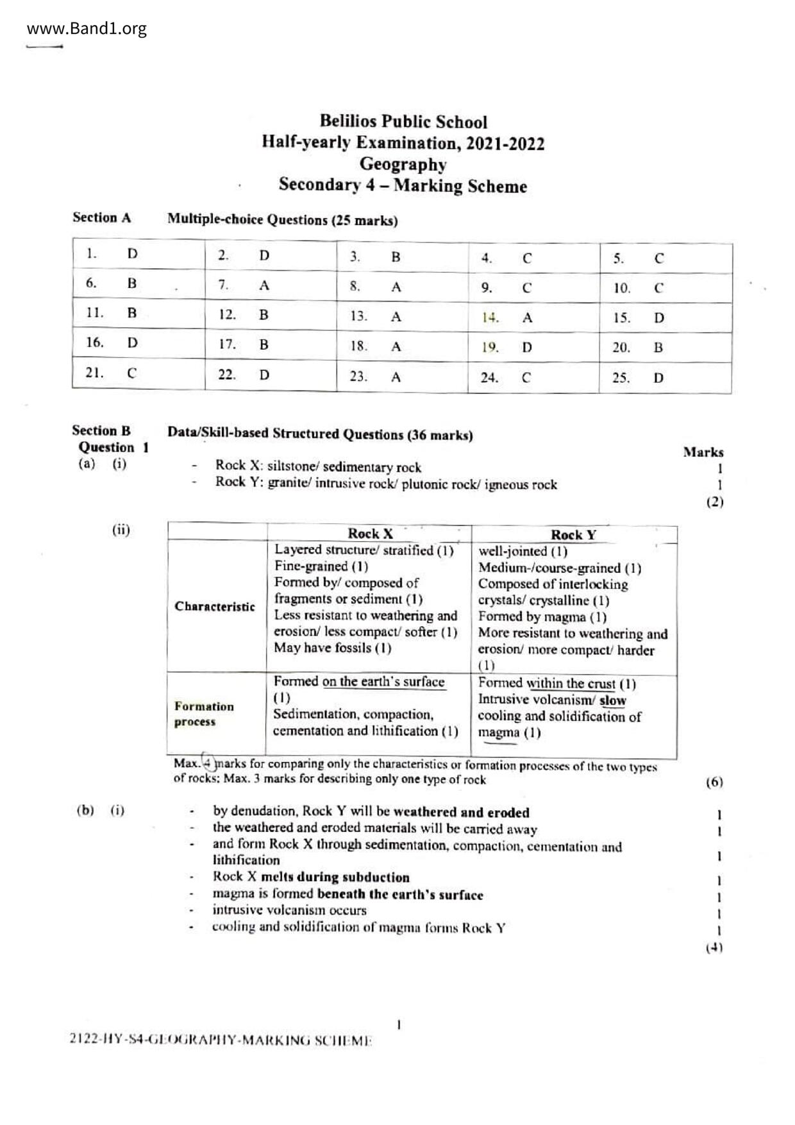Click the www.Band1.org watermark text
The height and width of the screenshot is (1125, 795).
pos(87,28)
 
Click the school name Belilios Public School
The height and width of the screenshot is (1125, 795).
pos(403,122)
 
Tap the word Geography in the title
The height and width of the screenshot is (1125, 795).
pos(403,164)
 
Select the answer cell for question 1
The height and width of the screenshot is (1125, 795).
pos(138,253)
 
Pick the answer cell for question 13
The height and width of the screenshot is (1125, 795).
pos(402,316)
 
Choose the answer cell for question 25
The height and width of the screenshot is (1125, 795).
pos(665,378)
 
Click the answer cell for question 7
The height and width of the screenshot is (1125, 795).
pos(271,285)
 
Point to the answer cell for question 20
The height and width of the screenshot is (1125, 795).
pos(665,348)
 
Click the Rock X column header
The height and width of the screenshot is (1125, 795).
pos(370,533)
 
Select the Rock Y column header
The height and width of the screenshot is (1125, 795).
pos(573,535)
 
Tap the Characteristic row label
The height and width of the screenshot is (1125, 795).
pos(215,607)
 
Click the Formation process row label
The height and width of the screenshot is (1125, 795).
pos(204,714)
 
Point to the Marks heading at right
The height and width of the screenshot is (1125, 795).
pos(703,452)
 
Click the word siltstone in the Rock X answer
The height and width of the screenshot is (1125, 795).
pos(294,467)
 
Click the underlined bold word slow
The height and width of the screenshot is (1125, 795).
pos(613,700)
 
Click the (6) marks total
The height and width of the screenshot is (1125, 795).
pos(714,782)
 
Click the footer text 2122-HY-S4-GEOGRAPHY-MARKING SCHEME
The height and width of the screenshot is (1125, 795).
pos(221,1040)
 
